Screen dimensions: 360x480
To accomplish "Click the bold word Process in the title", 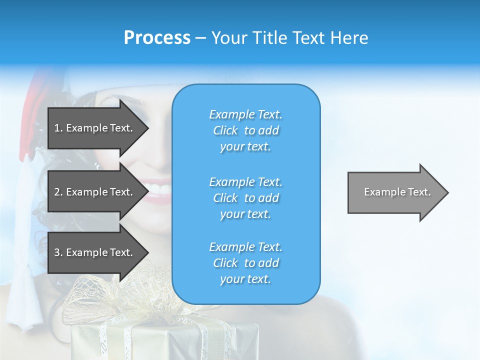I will pyautogui.click(x=157, y=37).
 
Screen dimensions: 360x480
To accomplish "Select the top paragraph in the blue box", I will pyautogui.click(x=245, y=130).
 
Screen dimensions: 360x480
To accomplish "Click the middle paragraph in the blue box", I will pyautogui.click(x=245, y=198).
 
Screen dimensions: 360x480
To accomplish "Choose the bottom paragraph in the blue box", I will pyautogui.click(x=245, y=263).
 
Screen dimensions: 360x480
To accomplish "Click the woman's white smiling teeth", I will pyautogui.click(x=159, y=190).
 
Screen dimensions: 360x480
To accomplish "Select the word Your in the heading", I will pyautogui.click(x=229, y=37).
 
